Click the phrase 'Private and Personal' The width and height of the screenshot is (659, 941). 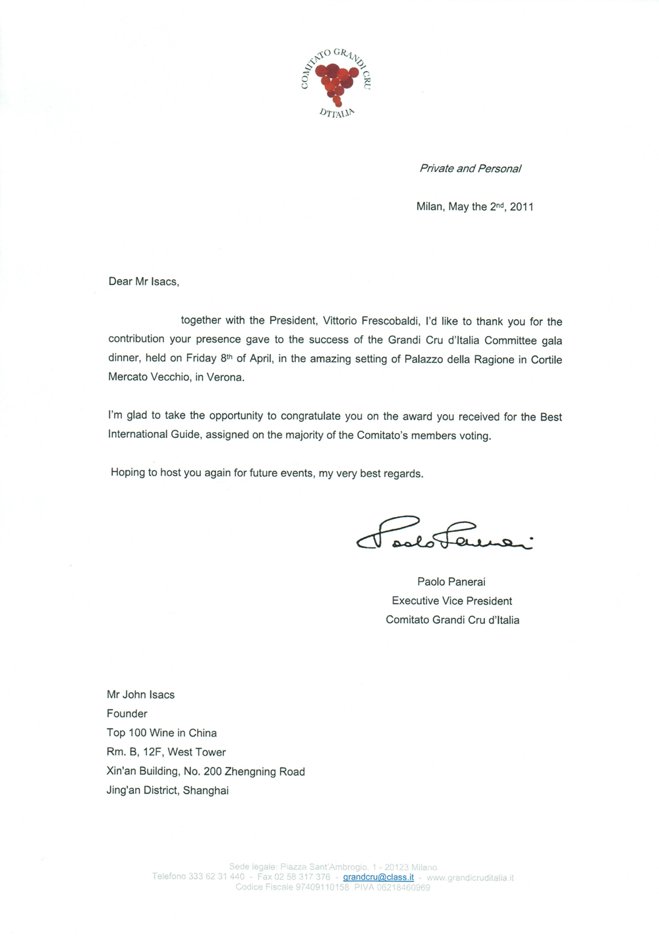[470, 169]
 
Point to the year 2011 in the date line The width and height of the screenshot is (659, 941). [521, 207]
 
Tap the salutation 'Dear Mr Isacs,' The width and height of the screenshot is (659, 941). [144, 282]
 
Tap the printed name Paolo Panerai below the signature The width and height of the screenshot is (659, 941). [451, 582]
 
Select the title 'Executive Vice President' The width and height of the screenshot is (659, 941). [451, 601]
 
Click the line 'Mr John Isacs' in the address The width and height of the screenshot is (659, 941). [140, 695]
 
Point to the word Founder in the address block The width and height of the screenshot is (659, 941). [127, 713]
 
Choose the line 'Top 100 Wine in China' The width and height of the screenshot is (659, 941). [161, 733]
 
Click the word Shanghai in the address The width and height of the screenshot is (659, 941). [206, 791]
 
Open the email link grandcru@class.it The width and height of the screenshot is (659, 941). [378, 877]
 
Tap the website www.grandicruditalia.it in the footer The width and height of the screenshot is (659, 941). [470, 878]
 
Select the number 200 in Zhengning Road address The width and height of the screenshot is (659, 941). [212, 772]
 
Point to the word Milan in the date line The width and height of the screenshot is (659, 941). [430, 207]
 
